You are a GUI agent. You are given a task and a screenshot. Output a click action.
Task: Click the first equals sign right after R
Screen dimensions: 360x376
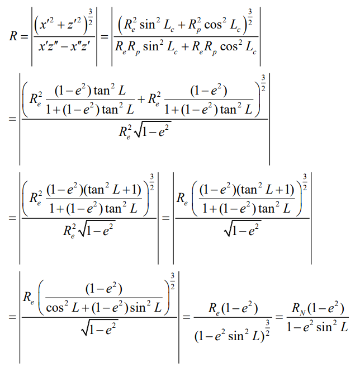click(x=23, y=36)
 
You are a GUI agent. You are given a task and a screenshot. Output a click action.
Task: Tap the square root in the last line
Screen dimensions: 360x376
click(x=98, y=331)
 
